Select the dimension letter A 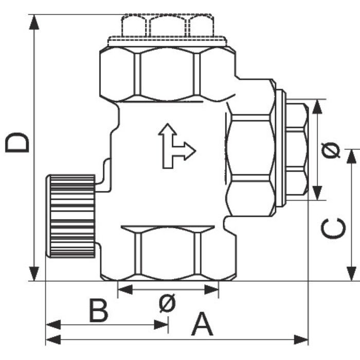coord(202,325)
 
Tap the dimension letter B coord(98,311)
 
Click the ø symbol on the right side coord(333,150)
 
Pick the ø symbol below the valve coord(167,304)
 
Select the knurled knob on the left coord(71,216)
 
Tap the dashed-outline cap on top coord(167,26)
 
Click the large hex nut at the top coord(167,72)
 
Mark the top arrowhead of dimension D coord(34,21)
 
